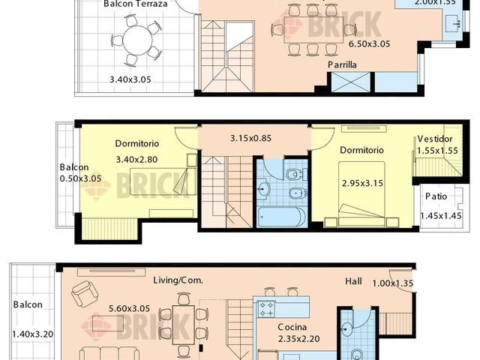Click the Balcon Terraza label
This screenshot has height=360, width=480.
135,4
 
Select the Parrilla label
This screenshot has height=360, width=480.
341,65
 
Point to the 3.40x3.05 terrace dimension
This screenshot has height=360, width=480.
130,79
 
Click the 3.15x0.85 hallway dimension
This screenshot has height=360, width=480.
250,137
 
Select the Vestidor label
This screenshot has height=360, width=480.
434,139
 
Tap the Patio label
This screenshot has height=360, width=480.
436,196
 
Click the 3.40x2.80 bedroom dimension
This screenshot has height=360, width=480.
137,159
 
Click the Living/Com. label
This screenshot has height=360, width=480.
178,280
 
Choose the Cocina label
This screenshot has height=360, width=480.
291,328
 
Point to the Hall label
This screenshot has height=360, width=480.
353,281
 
